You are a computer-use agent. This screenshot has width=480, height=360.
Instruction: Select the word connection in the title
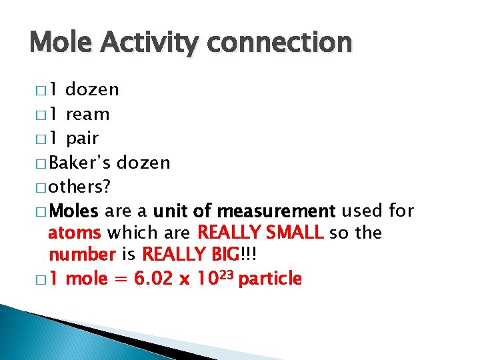click(x=280, y=43)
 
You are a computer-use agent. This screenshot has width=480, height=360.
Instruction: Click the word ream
click(x=88, y=115)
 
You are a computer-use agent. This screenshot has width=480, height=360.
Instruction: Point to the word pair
click(x=83, y=139)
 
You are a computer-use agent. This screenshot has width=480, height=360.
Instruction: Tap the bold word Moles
click(x=74, y=211)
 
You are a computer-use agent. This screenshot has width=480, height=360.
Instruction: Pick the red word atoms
click(x=75, y=233)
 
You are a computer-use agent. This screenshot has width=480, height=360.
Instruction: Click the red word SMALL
click(x=293, y=233)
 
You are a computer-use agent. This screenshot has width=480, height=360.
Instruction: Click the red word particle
click(x=270, y=279)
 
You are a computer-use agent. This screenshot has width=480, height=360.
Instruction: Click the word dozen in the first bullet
click(x=93, y=89)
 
